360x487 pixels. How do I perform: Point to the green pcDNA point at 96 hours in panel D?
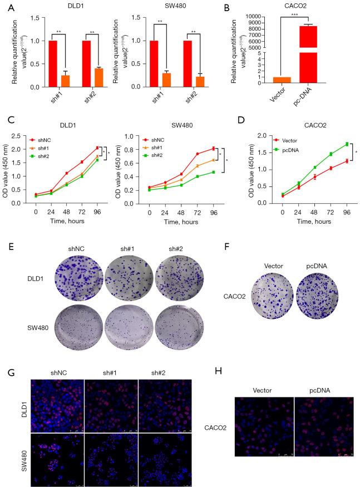click(x=332, y=144)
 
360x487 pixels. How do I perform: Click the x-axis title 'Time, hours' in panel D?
click(x=300, y=221)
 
